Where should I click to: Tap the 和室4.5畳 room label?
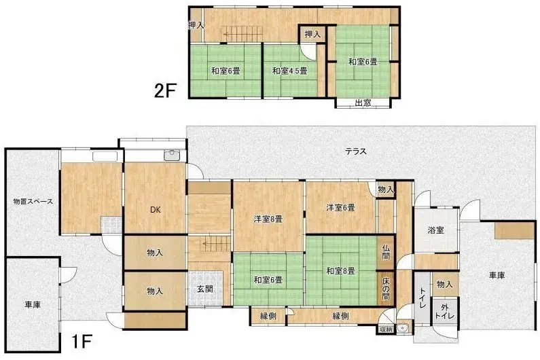(289, 71)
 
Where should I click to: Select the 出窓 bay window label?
(363, 103)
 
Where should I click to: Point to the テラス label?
(355, 151)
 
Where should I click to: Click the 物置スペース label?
(32, 202)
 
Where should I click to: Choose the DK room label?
(155, 209)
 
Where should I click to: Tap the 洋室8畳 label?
(268, 218)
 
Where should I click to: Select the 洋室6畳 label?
(340, 207)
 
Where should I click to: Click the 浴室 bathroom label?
(435, 230)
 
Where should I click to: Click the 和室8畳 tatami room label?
(340, 271)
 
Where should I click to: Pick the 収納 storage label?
(386, 330)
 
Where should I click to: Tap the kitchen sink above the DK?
(173, 156)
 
